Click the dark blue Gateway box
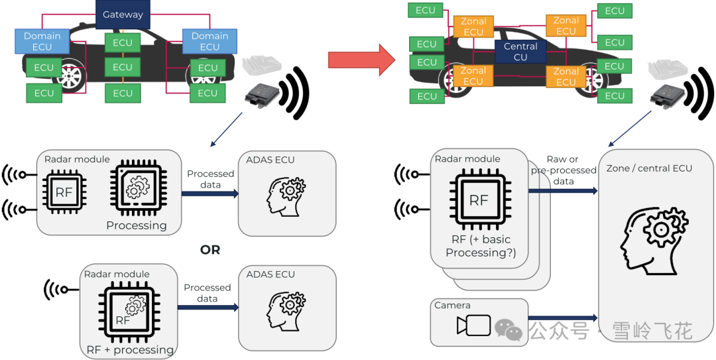point(123,15)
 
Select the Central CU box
point(520,52)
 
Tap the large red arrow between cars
point(361,60)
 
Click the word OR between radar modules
point(209,250)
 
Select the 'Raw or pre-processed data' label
point(564,170)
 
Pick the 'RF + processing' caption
point(130,349)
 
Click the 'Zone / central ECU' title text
point(649,168)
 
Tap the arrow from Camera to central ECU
point(564,318)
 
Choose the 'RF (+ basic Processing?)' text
point(478,246)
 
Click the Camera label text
point(452,306)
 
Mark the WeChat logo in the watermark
point(508,330)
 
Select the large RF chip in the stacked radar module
point(479,200)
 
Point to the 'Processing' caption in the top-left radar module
point(137,225)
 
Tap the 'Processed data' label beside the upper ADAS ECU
point(210,179)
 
